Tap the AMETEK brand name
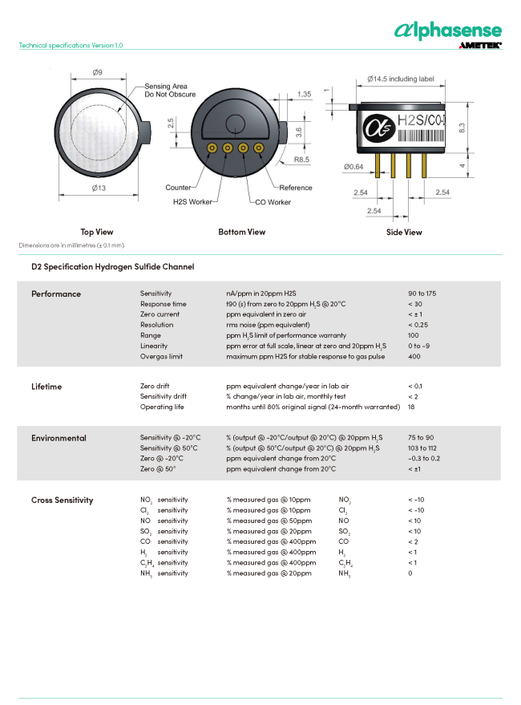coord(480,46)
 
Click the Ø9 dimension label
coord(97,72)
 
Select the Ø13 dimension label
coord(98,187)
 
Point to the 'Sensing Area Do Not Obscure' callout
coord(170,90)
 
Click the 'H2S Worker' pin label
coord(192,201)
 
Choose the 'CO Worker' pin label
coord(273,202)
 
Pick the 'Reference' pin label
coord(296,188)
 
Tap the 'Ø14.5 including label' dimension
coord(400,79)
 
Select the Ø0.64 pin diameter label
coord(353,167)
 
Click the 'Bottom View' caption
coord(242,232)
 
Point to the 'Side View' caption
coord(404,232)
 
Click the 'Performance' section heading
coord(56,294)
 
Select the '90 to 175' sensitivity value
coord(422,294)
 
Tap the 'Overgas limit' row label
coord(161,356)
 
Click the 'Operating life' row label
coord(162,407)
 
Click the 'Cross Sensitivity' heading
coord(62,500)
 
